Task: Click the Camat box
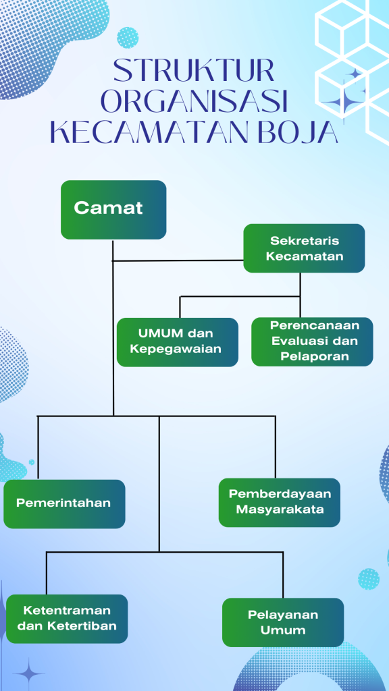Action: (113, 210)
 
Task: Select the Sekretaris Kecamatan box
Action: (304, 248)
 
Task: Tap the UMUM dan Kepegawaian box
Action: (178, 342)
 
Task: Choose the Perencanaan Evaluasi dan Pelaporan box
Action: (312, 341)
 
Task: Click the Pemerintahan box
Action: (64, 503)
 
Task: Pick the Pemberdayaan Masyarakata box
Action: (280, 502)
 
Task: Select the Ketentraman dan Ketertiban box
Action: (67, 619)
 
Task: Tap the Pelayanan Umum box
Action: (283, 622)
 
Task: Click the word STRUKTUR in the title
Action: (194, 70)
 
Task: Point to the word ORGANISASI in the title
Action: (194, 101)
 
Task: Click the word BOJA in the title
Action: (298, 132)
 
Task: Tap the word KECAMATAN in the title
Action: (151, 132)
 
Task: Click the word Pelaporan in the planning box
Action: (315, 356)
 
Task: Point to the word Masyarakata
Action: (280, 509)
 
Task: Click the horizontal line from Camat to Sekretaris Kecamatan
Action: (178, 260)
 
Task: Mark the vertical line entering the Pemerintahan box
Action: (38, 447)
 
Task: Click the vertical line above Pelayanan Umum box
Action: (283, 575)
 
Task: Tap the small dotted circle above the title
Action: (128, 38)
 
